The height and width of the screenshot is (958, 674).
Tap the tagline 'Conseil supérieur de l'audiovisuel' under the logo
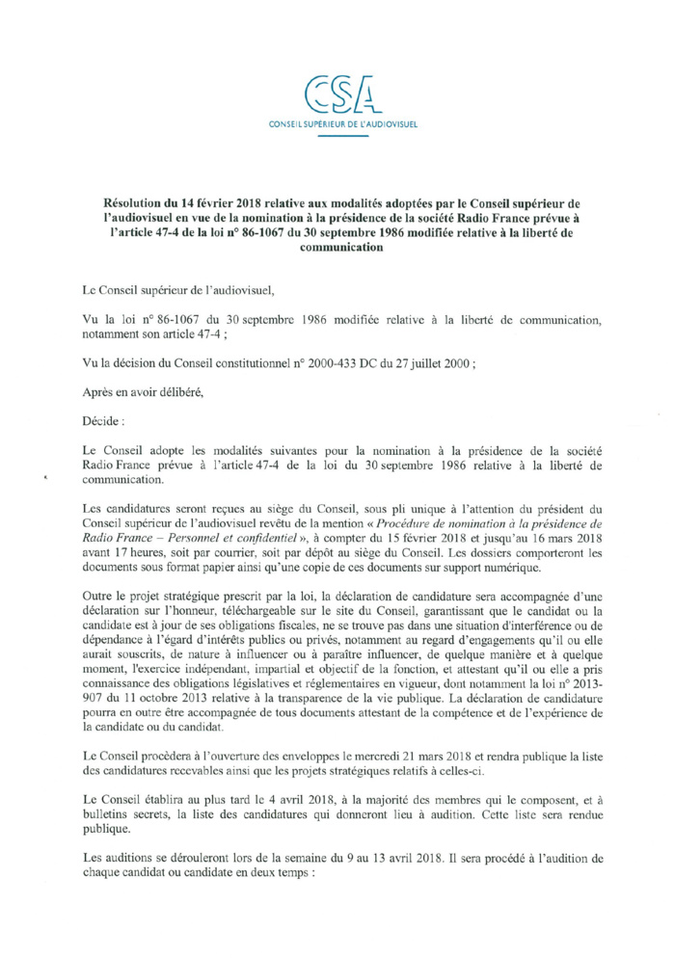pos(337,125)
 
